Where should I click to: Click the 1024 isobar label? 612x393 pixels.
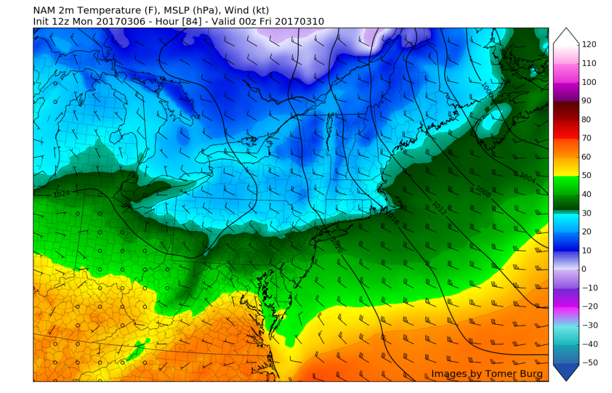tap(62, 194)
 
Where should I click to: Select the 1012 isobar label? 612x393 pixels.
tap(439, 208)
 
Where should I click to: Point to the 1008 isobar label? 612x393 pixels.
tap(482, 190)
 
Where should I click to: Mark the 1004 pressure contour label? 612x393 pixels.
tap(526, 178)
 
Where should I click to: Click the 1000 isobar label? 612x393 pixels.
tap(487, 88)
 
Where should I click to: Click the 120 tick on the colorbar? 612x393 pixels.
tap(589, 45)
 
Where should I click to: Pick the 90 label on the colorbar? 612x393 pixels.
tap(587, 100)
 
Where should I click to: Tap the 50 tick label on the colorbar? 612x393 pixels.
tap(587, 175)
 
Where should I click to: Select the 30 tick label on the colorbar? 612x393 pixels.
tap(587, 213)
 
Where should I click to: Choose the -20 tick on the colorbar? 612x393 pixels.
tap(589, 306)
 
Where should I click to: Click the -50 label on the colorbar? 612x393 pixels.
tap(589, 362)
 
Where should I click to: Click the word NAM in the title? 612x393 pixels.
tap(43, 10)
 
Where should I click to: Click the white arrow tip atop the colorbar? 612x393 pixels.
tap(565, 30)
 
